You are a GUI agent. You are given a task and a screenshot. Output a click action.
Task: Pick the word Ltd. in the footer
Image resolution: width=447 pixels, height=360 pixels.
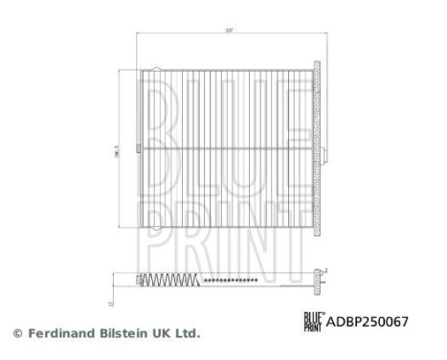click(x=187, y=334)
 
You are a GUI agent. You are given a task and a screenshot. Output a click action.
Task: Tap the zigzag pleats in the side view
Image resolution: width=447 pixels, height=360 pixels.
click(x=173, y=280)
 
